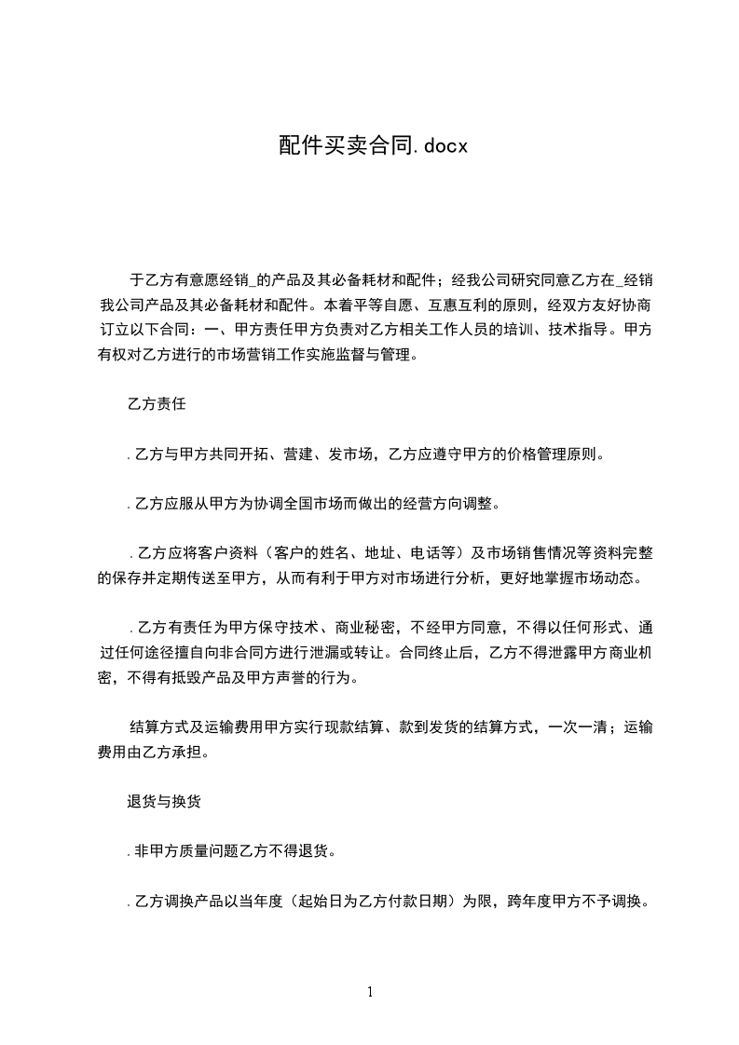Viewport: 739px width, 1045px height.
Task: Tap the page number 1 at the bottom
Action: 370,992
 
